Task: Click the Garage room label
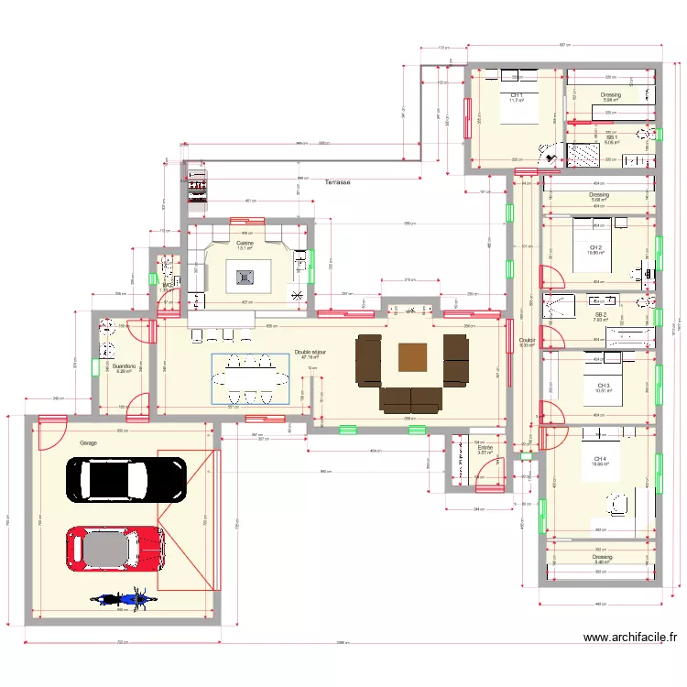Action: tap(88, 442)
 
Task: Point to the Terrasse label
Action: tap(337, 182)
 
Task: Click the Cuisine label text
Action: tap(245, 243)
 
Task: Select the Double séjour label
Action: tap(309, 352)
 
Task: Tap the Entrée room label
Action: tap(485, 448)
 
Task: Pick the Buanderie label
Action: tap(125, 365)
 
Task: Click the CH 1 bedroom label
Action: tap(517, 95)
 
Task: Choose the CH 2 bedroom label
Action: tap(595, 247)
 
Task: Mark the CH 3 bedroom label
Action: tap(602, 386)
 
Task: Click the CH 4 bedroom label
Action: tap(600, 458)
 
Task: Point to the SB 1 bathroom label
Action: tap(612, 137)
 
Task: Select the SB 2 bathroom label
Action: tap(601, 314)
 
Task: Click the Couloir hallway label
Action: tap(526, 339)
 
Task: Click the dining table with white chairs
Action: tap(249, 377)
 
